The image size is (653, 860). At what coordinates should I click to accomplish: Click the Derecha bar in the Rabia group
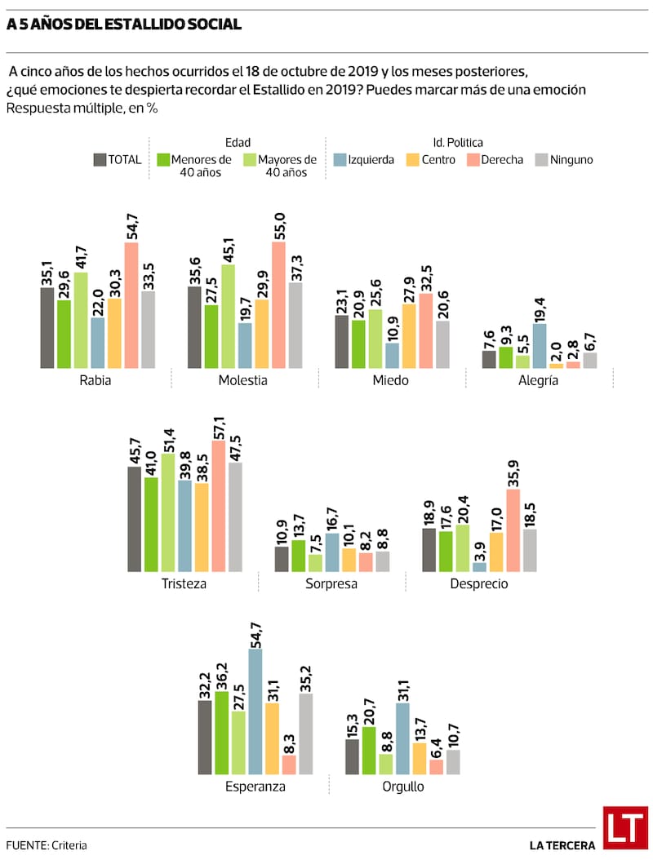click(131, 305)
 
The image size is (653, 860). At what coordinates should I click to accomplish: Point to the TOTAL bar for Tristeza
click(134, 519)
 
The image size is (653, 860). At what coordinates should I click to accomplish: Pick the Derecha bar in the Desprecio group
click(513, 530)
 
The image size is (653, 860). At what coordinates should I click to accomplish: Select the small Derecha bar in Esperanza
click(289, 765)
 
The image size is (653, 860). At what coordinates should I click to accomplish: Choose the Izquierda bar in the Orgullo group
click(402, 738)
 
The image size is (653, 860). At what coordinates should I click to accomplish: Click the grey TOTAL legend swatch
click(100, 159)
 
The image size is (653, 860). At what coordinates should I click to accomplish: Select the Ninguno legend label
click(572, 160)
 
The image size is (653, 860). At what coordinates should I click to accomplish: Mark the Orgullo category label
click(403, 787)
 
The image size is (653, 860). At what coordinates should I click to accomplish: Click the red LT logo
click(624, 827)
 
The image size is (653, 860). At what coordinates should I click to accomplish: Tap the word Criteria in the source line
click(69, 845)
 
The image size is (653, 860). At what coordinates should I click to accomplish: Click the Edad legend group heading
click(238, 142)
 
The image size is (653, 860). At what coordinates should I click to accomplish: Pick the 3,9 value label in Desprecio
click(480, 546)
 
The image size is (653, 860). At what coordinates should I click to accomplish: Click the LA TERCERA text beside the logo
click(562, 844)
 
